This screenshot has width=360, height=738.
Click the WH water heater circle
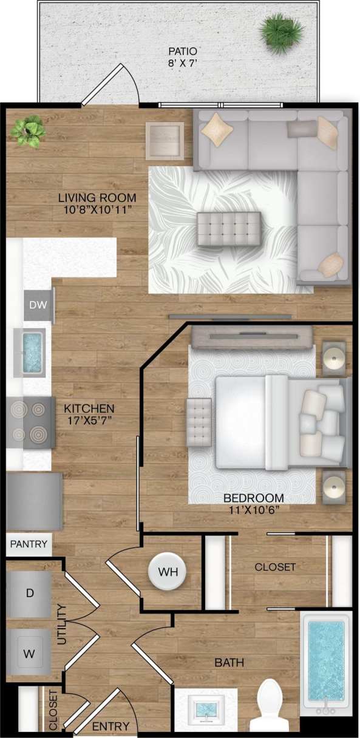click(168, 572)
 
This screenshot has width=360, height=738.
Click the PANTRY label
click(29, 544)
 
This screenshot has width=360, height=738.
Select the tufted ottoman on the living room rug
click(228, 228)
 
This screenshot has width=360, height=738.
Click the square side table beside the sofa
click(165, 140)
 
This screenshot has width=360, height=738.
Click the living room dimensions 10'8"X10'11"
click(97, 209)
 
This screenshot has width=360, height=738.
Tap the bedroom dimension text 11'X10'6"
click(253, 510)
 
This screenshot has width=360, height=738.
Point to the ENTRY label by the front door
click(110, 726)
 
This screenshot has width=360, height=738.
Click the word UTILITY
click(61, 625)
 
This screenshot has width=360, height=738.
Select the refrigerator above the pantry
click(34, 501)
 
